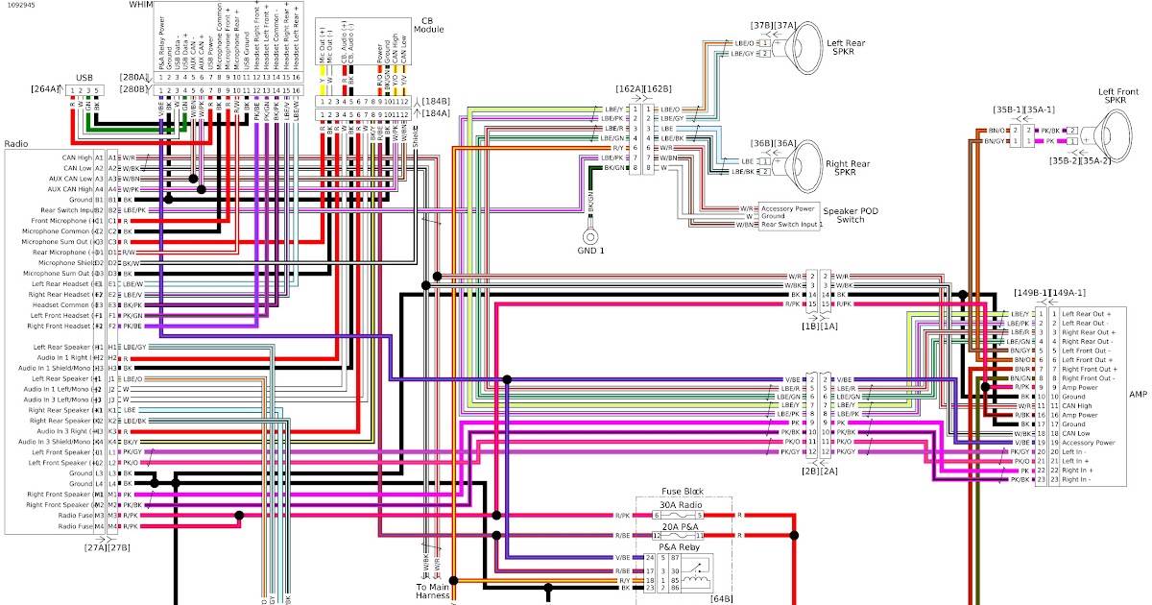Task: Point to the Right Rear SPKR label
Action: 848,168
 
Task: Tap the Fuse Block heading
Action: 682,491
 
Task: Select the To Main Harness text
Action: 432,592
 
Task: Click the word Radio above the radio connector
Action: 16,143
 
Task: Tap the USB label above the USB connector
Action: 85,77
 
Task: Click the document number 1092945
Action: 20,6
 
